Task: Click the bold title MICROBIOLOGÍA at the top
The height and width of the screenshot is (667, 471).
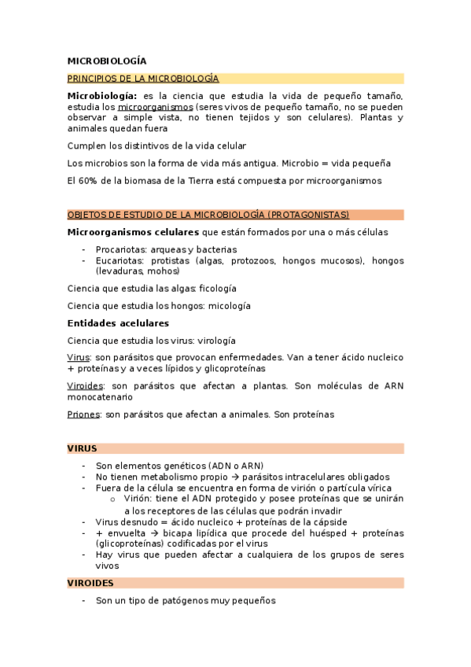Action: coord(107,61)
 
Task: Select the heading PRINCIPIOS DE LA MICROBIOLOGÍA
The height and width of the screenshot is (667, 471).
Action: coord(143,79)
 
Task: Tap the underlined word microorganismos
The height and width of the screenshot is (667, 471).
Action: coord(155,107)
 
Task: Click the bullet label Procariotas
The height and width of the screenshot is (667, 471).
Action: coord(120,249)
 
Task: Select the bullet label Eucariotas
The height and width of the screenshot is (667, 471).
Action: coord(120,260)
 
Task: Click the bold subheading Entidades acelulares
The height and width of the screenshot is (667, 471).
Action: coord(118,323)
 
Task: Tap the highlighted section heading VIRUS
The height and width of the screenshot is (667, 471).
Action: coord(82,448)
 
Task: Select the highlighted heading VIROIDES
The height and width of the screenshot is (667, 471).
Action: coord(90,583)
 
